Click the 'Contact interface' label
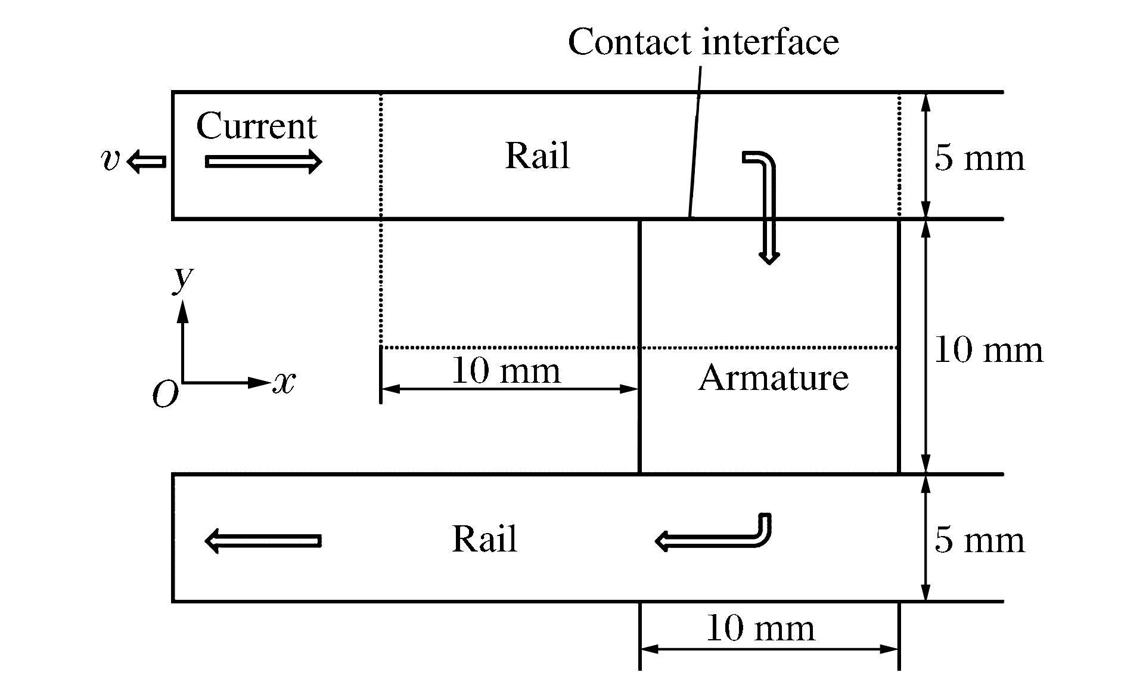pyautogui.click(x=703, y=42)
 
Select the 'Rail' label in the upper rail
pyautogui.click(x=537, y=156)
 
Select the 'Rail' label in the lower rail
pyautogui.click(x=484, y=538)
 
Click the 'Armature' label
pyautogui.click(x=773, y=378)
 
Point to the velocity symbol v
pyautogui.click(x=110, y=160)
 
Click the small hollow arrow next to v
pyautogui.click(x=146, y=161)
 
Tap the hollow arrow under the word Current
pyautogui.click(x=263, y=162)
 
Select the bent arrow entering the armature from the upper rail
pyautogui.click(x=768, y=203)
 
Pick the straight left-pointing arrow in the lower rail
pyautogui.click(x=263, y=541)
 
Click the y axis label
pyautogui.click(x=182, y=278)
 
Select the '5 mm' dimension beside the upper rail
pyautogui.click(x=979, y=158)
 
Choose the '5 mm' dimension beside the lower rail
pyautogui.click(x=979, y=540)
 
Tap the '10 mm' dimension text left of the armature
pyautogui.click(x=506, y=371)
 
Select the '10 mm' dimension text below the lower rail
pyautogui.click(x=760, y=628)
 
